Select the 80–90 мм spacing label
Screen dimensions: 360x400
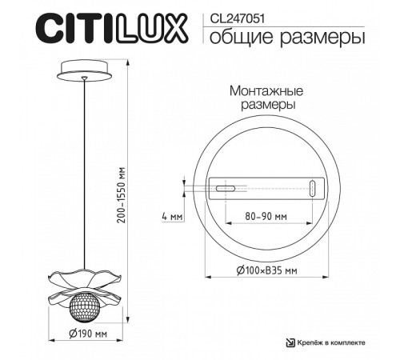click(266, 216)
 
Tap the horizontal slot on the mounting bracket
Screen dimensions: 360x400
click(226, 190)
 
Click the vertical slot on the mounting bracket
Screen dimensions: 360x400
click(313, 189)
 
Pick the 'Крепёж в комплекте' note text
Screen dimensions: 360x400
click(330, 342)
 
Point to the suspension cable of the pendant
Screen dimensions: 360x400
click(85, 176)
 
